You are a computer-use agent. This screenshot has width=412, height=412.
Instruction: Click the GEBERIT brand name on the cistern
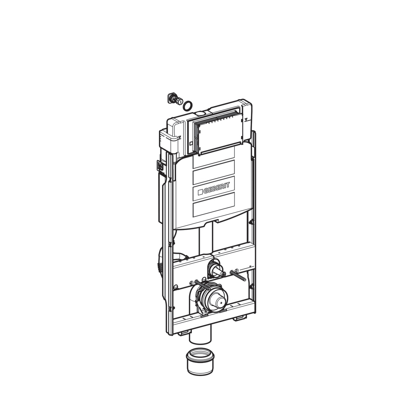(216, 188)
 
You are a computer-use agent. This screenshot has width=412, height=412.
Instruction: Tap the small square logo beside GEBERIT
(200, 192)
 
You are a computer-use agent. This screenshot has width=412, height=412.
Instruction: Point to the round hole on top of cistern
(200, 113)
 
